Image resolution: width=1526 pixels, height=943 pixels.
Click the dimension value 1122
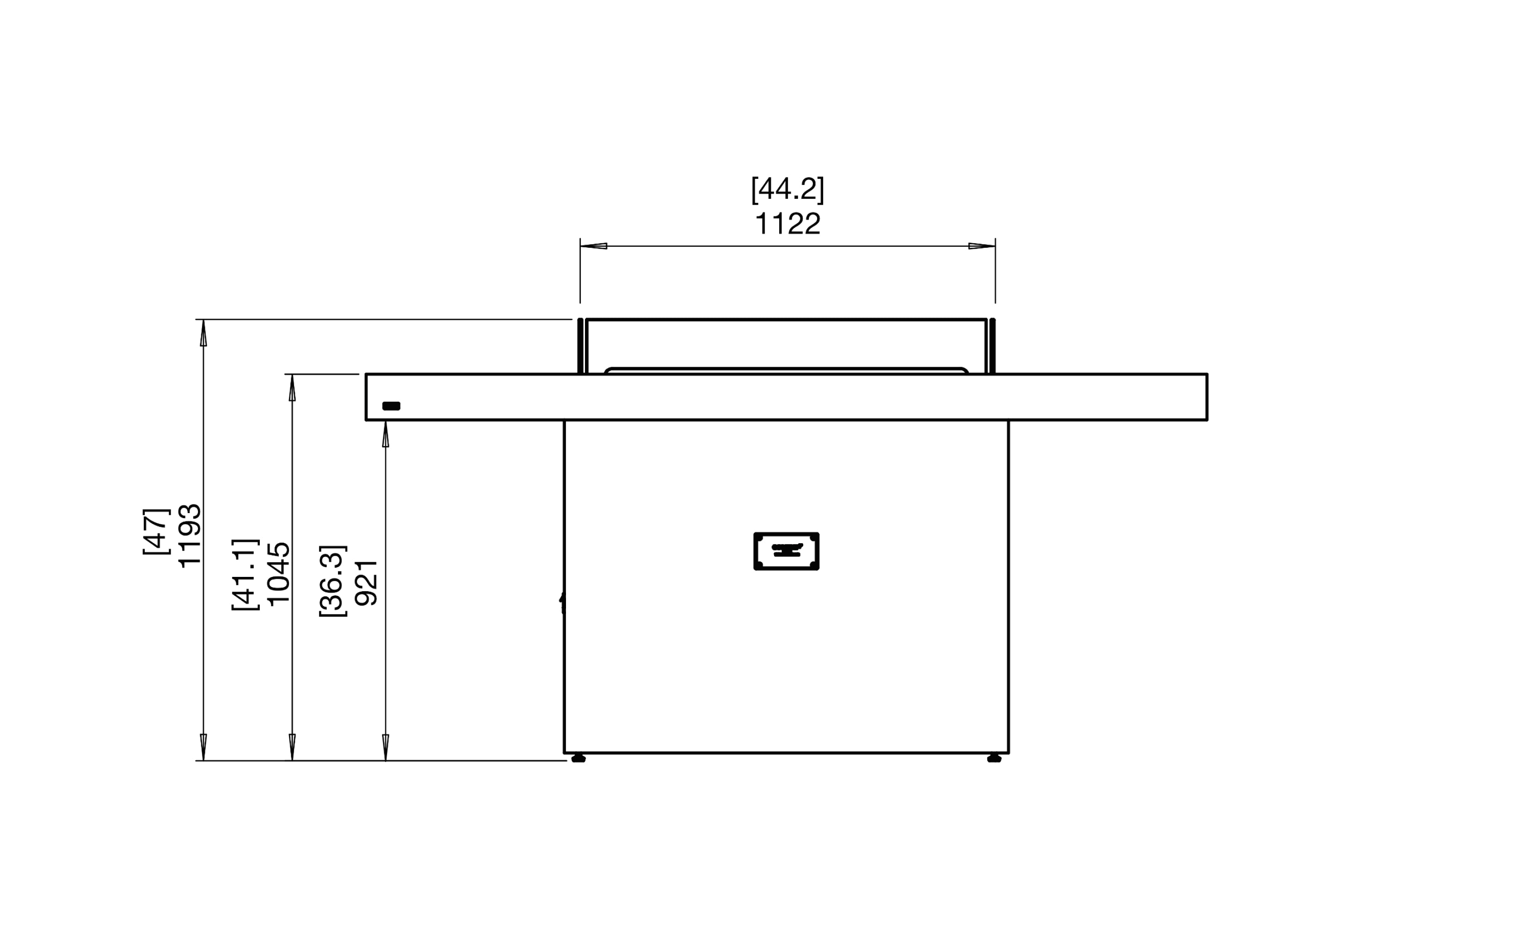[x=788, y=224]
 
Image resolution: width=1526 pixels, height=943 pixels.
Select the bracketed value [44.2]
[x=788, y=189]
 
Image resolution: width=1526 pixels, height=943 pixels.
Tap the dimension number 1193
[x=190, y=535]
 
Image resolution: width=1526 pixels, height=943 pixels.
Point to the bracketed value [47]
[x=156, y=532]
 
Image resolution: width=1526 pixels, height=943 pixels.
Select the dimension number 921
[x=366, y=582]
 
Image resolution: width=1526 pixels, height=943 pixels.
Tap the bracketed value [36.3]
[x=332, y=581]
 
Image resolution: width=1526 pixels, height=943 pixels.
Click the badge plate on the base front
[x=786, y=551]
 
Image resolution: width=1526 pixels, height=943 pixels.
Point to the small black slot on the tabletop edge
[x=391, y=406]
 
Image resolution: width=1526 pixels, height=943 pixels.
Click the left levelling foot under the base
[x=578, y=759]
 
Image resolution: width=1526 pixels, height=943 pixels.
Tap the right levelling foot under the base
[x=994, y=759]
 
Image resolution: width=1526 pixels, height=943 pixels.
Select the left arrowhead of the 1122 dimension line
[x=593, y=246]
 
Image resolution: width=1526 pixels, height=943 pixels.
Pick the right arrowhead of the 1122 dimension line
[x=981, y=246]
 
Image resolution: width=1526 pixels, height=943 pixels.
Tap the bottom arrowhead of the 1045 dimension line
[x=292, y=747]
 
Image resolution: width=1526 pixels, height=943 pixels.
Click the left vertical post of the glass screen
[x=580, y=347]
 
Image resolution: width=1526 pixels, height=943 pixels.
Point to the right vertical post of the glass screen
[x=992, y=347]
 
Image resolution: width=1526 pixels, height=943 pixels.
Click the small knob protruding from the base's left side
[x=561, y=601]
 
